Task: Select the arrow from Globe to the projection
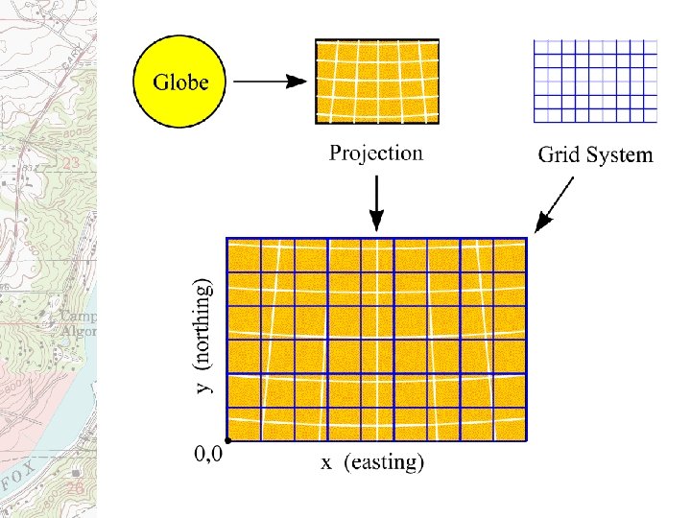pos(272,82)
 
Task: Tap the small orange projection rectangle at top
pos(377,82)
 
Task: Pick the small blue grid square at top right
pos(595,81)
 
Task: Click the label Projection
pos(375,153)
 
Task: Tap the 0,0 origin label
pos(208,456)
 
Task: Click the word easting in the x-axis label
pos(383,463)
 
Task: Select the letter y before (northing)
pos(203,387)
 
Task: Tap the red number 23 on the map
pos(70,164)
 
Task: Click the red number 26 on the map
pos(75,488)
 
